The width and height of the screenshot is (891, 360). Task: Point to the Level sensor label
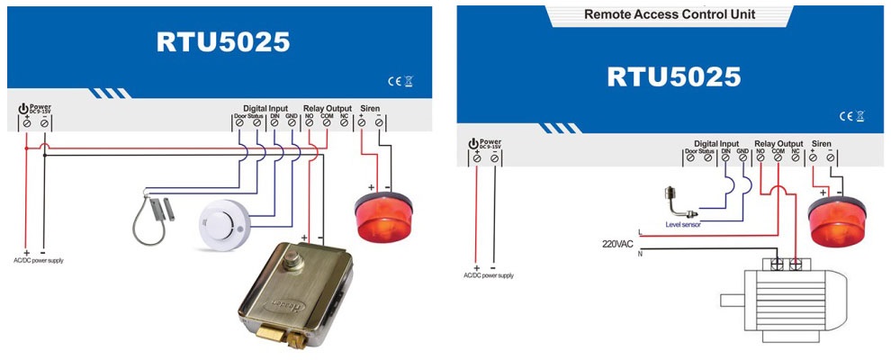point(683,224)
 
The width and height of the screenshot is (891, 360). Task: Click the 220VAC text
point(618,243)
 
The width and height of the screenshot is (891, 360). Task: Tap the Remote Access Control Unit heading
point(670,14)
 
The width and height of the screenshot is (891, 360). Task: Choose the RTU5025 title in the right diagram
point(673,76)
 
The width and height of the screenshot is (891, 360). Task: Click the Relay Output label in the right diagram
point(777,143)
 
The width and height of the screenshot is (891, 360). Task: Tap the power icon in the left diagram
point(23,109)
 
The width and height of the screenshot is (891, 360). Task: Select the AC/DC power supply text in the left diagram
point(37,260)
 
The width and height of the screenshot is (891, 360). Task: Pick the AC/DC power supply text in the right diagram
point(485,275)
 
